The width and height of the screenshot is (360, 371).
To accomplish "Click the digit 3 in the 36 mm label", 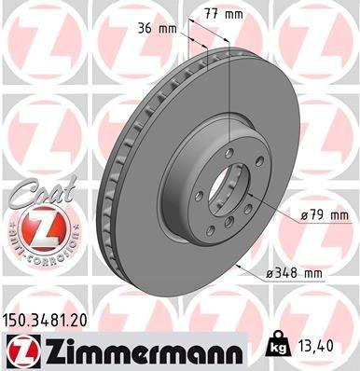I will click(x=140, y=28).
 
